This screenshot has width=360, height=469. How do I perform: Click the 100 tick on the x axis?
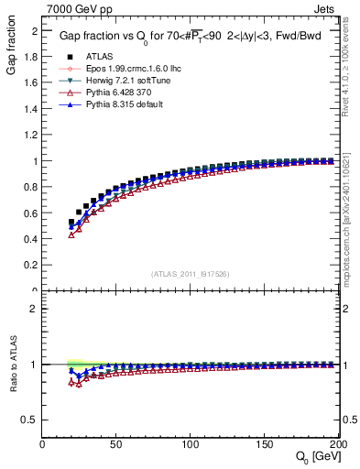coord(190,444)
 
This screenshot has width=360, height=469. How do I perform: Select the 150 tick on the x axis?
coord(263,444)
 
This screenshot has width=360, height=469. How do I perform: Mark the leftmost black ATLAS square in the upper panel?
coord(71,222)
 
